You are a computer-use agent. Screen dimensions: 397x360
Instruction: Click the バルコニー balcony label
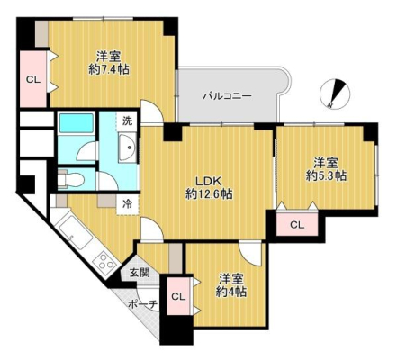(x=227, y=96)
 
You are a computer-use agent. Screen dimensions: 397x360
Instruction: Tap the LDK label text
(x=209, y=181)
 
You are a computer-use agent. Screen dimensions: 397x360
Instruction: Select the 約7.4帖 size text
(x=109, y=70)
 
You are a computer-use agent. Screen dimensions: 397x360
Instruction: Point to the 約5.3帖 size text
(x=326, y=175)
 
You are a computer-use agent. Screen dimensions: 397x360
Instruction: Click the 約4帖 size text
(x=231, y=292)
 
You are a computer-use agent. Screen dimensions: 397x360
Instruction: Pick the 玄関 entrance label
(x=140, y=272)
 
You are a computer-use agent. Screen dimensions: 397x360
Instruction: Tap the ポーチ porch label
(x=143, y=304)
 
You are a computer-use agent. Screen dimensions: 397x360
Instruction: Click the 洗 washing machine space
(x=127, y=121)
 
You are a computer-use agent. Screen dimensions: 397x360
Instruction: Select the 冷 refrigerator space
(x=128, y=204)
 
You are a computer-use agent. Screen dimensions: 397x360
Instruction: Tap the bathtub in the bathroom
(x=76, y=122)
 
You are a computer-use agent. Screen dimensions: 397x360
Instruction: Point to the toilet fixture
(x=70, y=180)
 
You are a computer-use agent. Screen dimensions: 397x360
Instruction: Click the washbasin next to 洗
(x=128, y=148)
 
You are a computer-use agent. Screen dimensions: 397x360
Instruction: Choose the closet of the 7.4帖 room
(x=33, y=79)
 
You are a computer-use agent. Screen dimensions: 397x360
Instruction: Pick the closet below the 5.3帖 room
(x=297, y=224)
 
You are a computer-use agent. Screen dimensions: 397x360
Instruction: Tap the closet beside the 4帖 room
(x=178, y=296)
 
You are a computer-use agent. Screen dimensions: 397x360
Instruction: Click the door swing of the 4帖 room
(x=251, y=254)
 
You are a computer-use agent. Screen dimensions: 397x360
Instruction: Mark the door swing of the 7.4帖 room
(x=152, y=112)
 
